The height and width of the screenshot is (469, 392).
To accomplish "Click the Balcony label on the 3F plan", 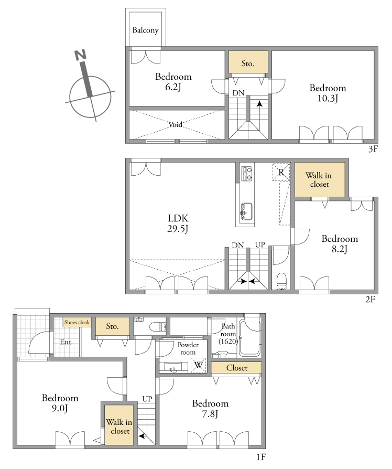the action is pos(145,30).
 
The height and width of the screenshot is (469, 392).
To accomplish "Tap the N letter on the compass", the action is pos(80,55).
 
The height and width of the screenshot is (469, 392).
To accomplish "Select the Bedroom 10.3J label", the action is pos(328,93).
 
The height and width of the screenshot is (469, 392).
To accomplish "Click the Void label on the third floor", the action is pos(176,124).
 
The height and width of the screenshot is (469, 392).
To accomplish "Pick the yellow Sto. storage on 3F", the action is pos(248,62).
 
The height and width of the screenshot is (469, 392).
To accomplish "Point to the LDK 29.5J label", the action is pos(178,223).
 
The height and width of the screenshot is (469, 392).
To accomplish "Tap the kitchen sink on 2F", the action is pos(246,211).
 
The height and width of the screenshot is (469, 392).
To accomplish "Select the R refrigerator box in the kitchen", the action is pos(281,172).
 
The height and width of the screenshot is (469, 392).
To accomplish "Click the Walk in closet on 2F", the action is pos(320,180).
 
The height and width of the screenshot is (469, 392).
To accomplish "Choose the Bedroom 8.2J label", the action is pos(340,244).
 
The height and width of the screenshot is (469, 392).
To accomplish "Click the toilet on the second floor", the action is pos(282,281).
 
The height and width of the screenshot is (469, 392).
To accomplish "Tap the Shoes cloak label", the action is pos(77,323).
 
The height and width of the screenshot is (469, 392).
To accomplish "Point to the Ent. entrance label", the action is pos(67,342).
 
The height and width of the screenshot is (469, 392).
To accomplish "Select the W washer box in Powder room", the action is pos(199,365).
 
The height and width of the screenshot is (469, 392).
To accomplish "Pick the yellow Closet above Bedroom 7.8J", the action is pos(236,368).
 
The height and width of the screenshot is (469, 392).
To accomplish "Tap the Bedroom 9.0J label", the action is pos(60,403).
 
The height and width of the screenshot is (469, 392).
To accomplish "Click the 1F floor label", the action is pos(261,457).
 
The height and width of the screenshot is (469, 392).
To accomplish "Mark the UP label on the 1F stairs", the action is pos(147,399).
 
